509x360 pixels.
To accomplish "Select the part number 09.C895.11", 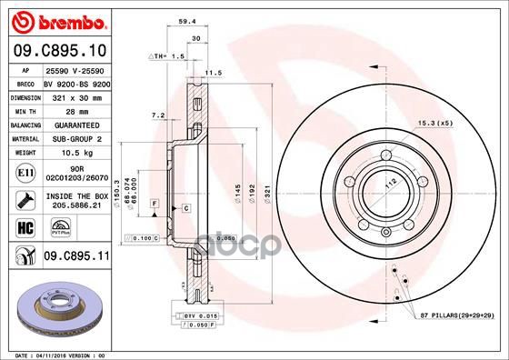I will coord(77,256).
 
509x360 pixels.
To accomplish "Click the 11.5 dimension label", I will coord(215,72).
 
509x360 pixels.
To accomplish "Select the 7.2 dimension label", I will coord(156,115).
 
